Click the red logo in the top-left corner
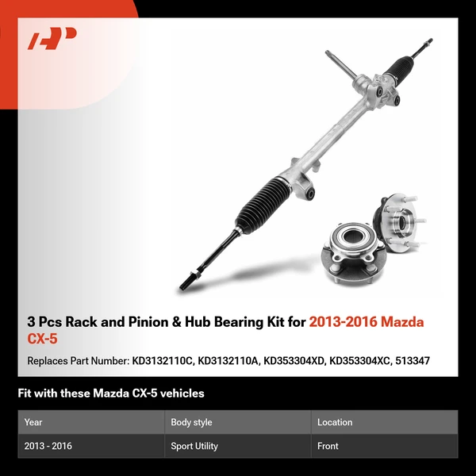[52, 39]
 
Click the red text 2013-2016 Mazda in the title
[366, 322]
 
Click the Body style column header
[191, 422]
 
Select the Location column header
[335, 422]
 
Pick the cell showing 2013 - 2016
[48, 446]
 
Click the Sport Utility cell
[194, 446]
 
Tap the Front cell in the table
[328, 446]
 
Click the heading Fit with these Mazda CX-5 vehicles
[111, 393]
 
